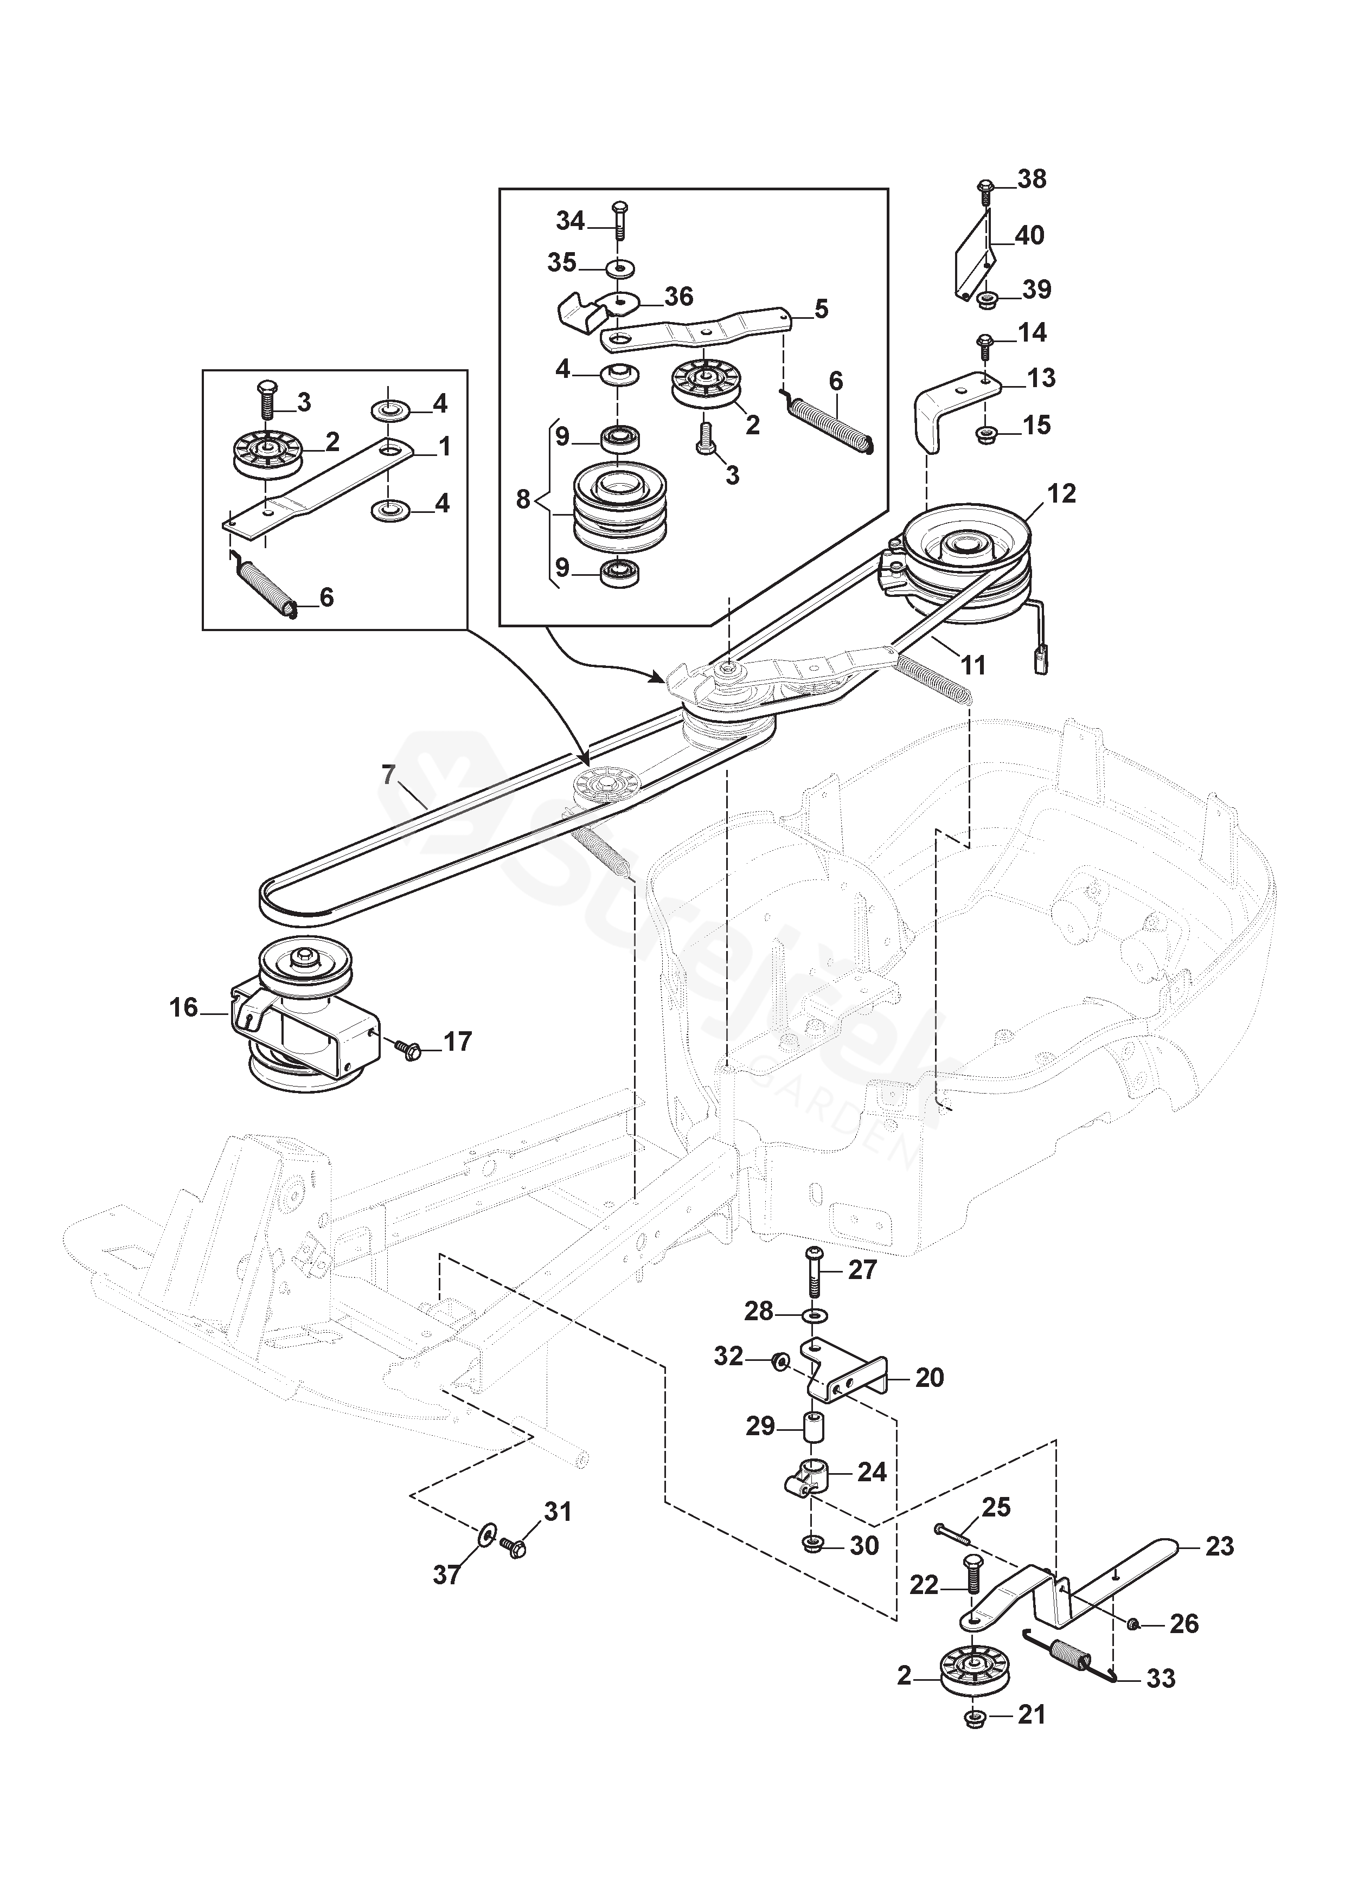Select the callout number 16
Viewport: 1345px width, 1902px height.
click(184, 1007)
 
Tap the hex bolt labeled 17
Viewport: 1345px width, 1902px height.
click(409, 1050)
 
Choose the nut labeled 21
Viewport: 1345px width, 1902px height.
click(975, 1715)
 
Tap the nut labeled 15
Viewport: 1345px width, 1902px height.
click(986, 432)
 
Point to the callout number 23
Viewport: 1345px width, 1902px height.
click(1220, 1546)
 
